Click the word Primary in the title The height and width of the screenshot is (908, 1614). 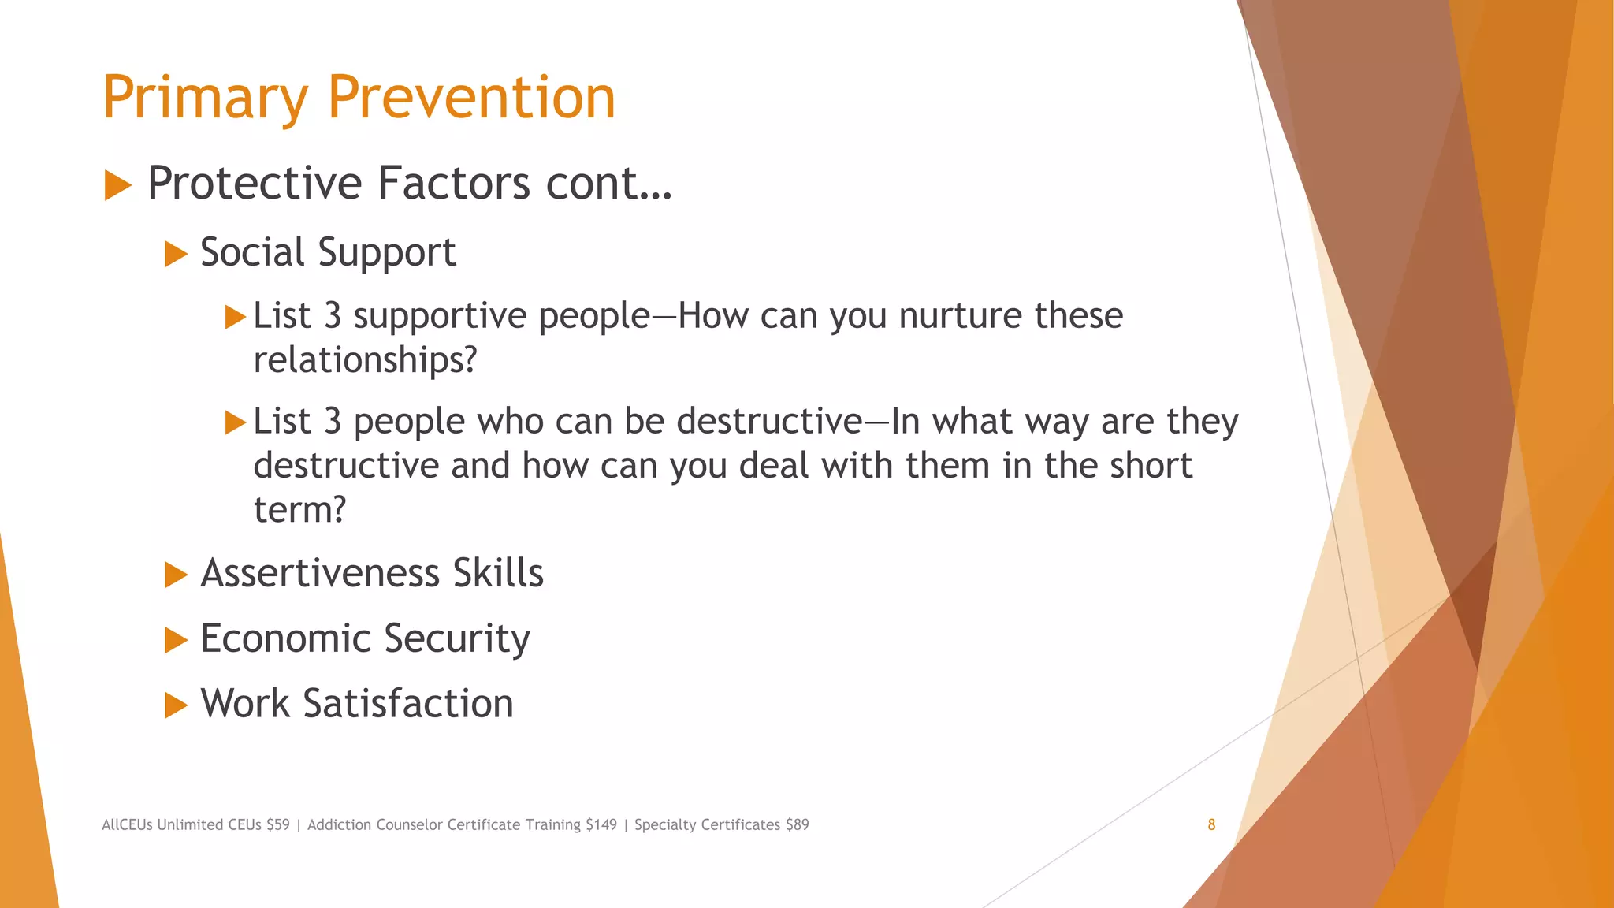[x=205, y=99]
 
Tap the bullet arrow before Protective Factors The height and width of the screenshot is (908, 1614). [x=117, y=186]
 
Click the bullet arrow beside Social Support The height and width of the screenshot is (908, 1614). [x=176, y=255]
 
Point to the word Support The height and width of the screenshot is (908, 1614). [x=387, y=253]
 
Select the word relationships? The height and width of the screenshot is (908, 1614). [x=365, y=360]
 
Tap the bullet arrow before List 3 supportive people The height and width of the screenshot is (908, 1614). [x=235, y=318]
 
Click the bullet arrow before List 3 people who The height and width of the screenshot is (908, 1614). [x=235, y=422]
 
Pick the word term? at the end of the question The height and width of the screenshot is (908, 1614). [x=299, y=510]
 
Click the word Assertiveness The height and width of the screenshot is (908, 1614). [x=319, y=573]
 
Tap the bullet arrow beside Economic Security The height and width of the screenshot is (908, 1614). [x=176, y=640]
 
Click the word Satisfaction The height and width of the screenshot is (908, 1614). [x=408, y=703]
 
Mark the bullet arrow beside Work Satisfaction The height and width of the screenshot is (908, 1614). [x=176, y=705]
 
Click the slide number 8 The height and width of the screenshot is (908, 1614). [x=1211, y=824]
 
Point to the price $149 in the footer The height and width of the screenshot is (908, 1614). [x=601, y=824]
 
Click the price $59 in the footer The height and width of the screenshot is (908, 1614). [x=277, y=824]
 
